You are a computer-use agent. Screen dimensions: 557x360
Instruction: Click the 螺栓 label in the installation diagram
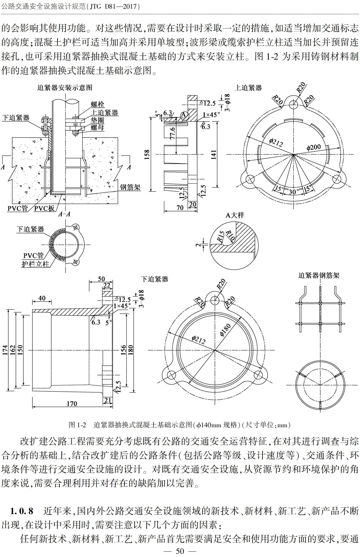[97, 104]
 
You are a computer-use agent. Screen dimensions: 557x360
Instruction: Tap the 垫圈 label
[97, 120]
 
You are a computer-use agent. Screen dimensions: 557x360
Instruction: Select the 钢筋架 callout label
[130, 187]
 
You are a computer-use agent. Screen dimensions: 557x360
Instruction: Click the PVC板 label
[44, 208]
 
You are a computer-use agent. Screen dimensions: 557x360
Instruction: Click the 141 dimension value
[214, 154]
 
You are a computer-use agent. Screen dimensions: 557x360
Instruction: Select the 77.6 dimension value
[173, 133]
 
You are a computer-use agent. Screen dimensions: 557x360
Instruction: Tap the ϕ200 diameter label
[313, 147]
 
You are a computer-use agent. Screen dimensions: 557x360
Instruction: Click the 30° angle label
[293, 192]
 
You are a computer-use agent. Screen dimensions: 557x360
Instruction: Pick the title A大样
[235, 215]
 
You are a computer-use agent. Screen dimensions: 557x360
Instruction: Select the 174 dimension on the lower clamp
[5, 350]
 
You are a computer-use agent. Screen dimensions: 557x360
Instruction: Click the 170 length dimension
[72, 404]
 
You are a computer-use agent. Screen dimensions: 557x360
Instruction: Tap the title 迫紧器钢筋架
[319, 275]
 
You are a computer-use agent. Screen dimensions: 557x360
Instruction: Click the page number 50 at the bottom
[180, 551]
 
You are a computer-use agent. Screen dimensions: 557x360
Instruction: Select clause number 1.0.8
[21, 511]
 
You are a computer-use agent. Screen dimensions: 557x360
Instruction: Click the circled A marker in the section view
[183, 115]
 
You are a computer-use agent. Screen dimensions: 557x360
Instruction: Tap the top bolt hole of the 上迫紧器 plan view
[293, 104]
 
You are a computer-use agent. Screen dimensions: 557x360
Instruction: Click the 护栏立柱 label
[35, 264]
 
